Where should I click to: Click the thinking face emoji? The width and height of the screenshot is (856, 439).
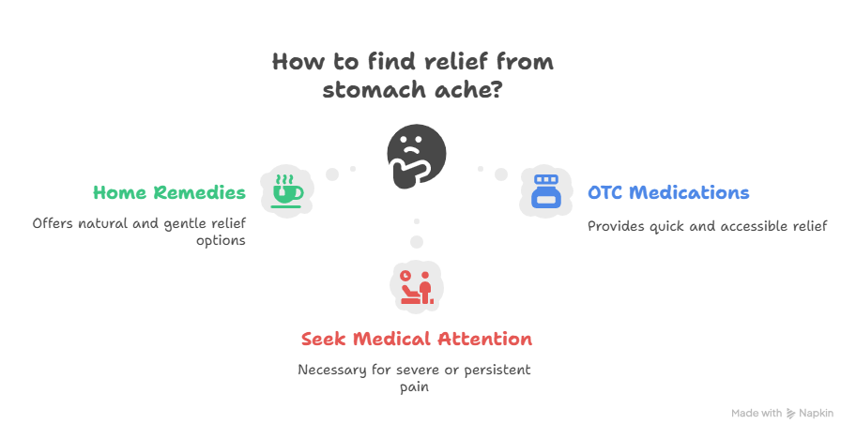point(416,154)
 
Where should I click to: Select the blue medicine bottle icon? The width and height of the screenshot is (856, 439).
point(545,191)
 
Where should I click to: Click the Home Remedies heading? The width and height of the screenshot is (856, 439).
point(169,192)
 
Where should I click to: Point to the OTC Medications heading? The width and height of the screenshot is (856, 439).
point(668,192)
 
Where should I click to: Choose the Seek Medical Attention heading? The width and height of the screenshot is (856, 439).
point(417,338)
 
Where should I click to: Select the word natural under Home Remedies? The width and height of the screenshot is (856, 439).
point(108,224)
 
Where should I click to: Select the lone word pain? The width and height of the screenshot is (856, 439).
point(415,386)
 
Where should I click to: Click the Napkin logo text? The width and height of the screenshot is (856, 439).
point(816,413)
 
